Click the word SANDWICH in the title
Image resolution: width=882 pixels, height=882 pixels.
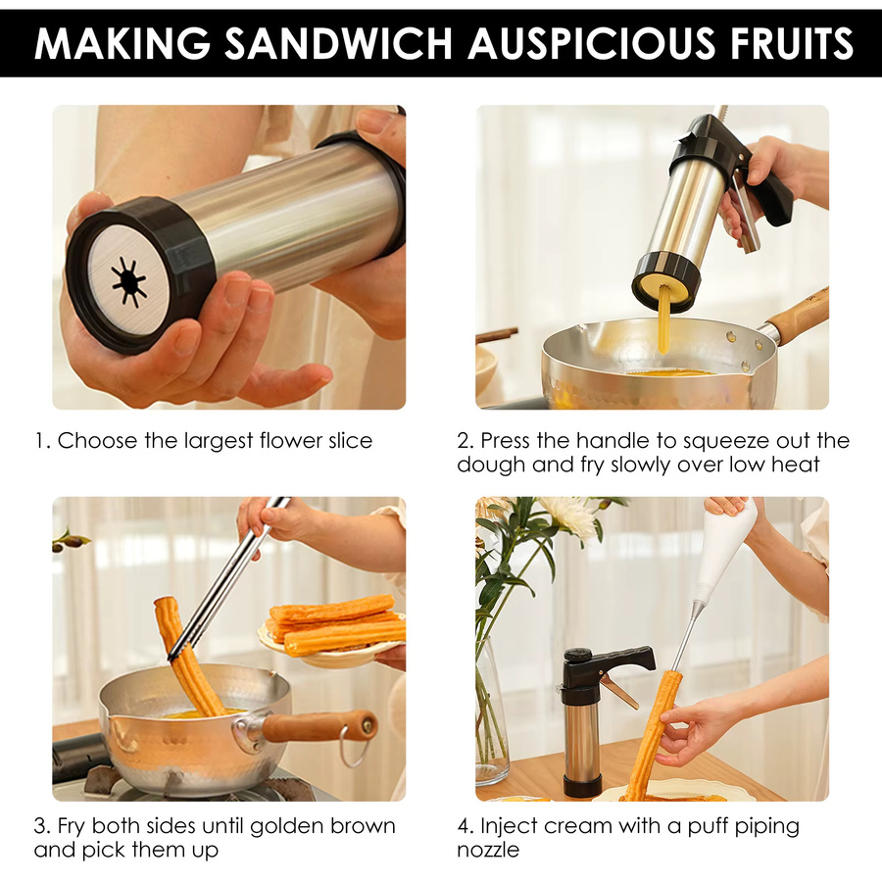coord(339,44)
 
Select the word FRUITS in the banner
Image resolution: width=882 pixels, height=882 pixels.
coord(792,44)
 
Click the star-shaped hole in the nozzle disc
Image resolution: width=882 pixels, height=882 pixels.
coord(128,282)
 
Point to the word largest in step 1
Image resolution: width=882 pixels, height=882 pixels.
coord(219,442)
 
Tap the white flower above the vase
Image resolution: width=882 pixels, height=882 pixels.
coord(568,515)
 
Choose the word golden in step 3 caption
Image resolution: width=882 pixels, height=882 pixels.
coord(286,827)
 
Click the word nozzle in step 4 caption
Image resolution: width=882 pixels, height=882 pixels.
coord(488,850)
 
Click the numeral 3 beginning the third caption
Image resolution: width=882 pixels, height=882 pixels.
coord(40,826)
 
